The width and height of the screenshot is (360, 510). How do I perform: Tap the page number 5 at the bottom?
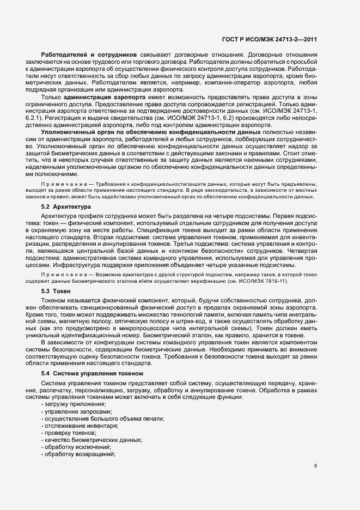coord(315,466)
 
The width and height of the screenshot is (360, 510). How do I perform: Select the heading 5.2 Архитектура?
coord(63,208)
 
